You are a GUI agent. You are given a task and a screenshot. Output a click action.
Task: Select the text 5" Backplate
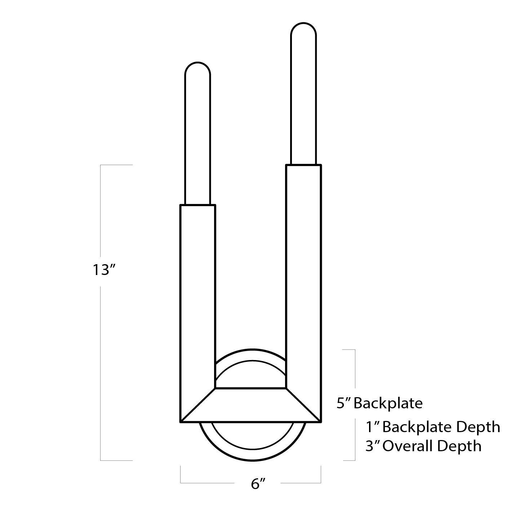click(x=379, y=403)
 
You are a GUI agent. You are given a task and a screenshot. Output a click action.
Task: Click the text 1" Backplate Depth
click(x=432, y=427)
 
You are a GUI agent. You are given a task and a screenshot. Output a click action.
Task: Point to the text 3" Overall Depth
click(x=423, y=446)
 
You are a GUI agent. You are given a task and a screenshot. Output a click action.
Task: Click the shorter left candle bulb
click(x=197, y=137)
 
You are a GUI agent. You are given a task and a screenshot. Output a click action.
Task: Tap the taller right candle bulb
click(x=303, y=97)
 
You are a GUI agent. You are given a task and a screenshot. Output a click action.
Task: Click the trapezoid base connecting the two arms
click(x=250, y=405)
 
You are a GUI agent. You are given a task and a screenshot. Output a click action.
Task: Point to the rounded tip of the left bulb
click(x=197, y=67)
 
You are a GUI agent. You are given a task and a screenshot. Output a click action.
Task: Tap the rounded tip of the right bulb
click(x=303, y=27)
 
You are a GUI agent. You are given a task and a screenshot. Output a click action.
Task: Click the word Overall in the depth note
click(x=409, y=446)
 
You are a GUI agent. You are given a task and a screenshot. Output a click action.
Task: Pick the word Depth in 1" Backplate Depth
click(x=478, y=427)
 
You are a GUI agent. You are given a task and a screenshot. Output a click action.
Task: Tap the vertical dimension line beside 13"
click(x=101, y=360)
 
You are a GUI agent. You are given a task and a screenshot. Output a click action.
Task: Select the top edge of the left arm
click(x=197, y=205)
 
